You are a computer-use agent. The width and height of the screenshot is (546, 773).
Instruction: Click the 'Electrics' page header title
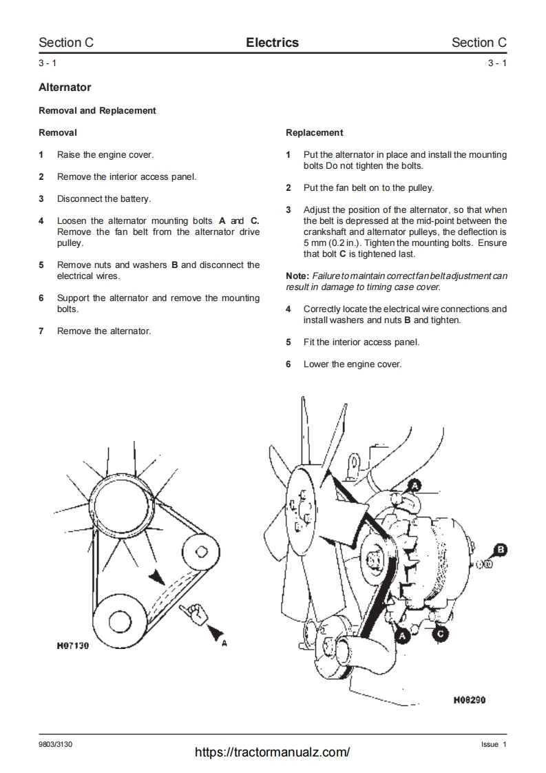(x=272, y=43)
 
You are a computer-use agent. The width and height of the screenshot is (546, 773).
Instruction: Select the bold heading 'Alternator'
(x=65, y=87)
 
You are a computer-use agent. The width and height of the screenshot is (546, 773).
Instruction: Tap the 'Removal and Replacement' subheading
(x=97, y=110)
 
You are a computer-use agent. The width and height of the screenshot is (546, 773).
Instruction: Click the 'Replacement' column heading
(x=314, y=132)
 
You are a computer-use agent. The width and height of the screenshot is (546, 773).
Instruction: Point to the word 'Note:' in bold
(x=297, y=276)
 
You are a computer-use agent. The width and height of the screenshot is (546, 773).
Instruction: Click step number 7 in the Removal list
(x=41, y=331)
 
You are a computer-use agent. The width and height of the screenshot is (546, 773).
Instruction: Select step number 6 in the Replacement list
(x=288, y=364)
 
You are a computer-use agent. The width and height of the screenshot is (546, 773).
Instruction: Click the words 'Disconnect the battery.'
(x=104, y=198)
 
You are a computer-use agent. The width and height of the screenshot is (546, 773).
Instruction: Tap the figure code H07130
(x=74, y=647)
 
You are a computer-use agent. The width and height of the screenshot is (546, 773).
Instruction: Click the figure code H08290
(x=470, y=700)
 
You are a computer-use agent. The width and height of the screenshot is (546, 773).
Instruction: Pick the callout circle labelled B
(x=501, y=549)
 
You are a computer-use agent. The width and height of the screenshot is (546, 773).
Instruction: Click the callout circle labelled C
(x=441, y=631)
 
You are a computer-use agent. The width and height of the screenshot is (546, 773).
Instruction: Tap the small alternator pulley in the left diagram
(x=201, y=550)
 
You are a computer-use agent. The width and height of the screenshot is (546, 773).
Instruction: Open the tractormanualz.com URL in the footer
(x=273, y=752)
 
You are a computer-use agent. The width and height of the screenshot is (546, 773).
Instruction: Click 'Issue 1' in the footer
(x=494, y=745)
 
